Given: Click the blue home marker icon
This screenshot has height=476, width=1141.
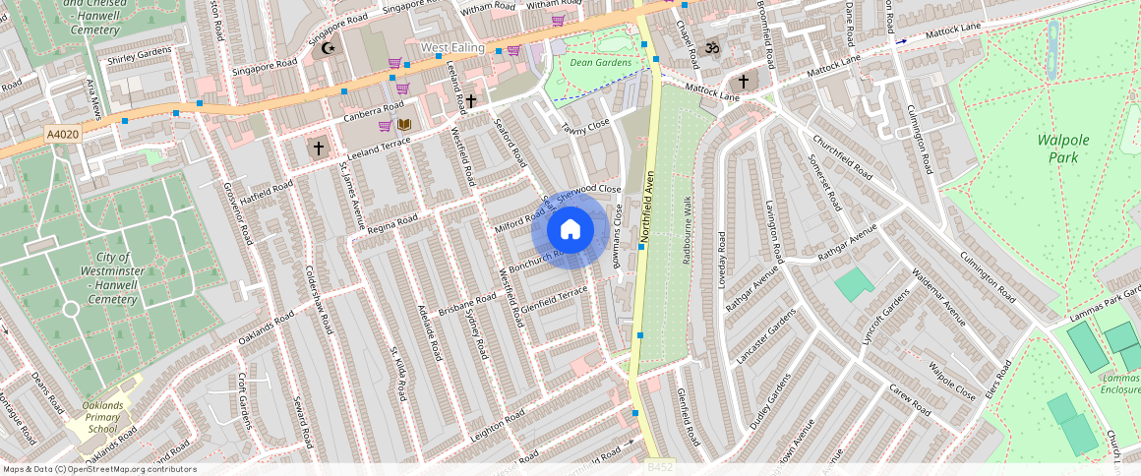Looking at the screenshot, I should tap(570, 230).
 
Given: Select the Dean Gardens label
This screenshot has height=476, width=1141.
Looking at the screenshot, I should tap(600, 62).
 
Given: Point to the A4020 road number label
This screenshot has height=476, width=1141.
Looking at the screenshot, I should tap(61, 132).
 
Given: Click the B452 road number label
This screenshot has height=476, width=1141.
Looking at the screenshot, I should tap(660, 467).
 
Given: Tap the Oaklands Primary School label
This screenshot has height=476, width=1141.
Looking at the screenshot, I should tap(101, 416).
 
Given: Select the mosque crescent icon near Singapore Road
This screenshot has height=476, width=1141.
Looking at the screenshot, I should tap(329, 47).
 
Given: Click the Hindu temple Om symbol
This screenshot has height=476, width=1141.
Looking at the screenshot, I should tap(710, 46).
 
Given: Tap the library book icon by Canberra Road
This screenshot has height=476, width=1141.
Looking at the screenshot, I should tap(403, 125).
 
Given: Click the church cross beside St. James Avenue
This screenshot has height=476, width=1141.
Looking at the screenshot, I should tap(317, 149).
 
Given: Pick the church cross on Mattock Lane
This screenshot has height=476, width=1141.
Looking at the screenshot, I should tap(744, 81).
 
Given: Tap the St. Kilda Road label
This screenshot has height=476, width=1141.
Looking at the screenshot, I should tap(397, 373).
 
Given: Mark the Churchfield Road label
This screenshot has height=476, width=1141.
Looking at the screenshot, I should tap(837, 155).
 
